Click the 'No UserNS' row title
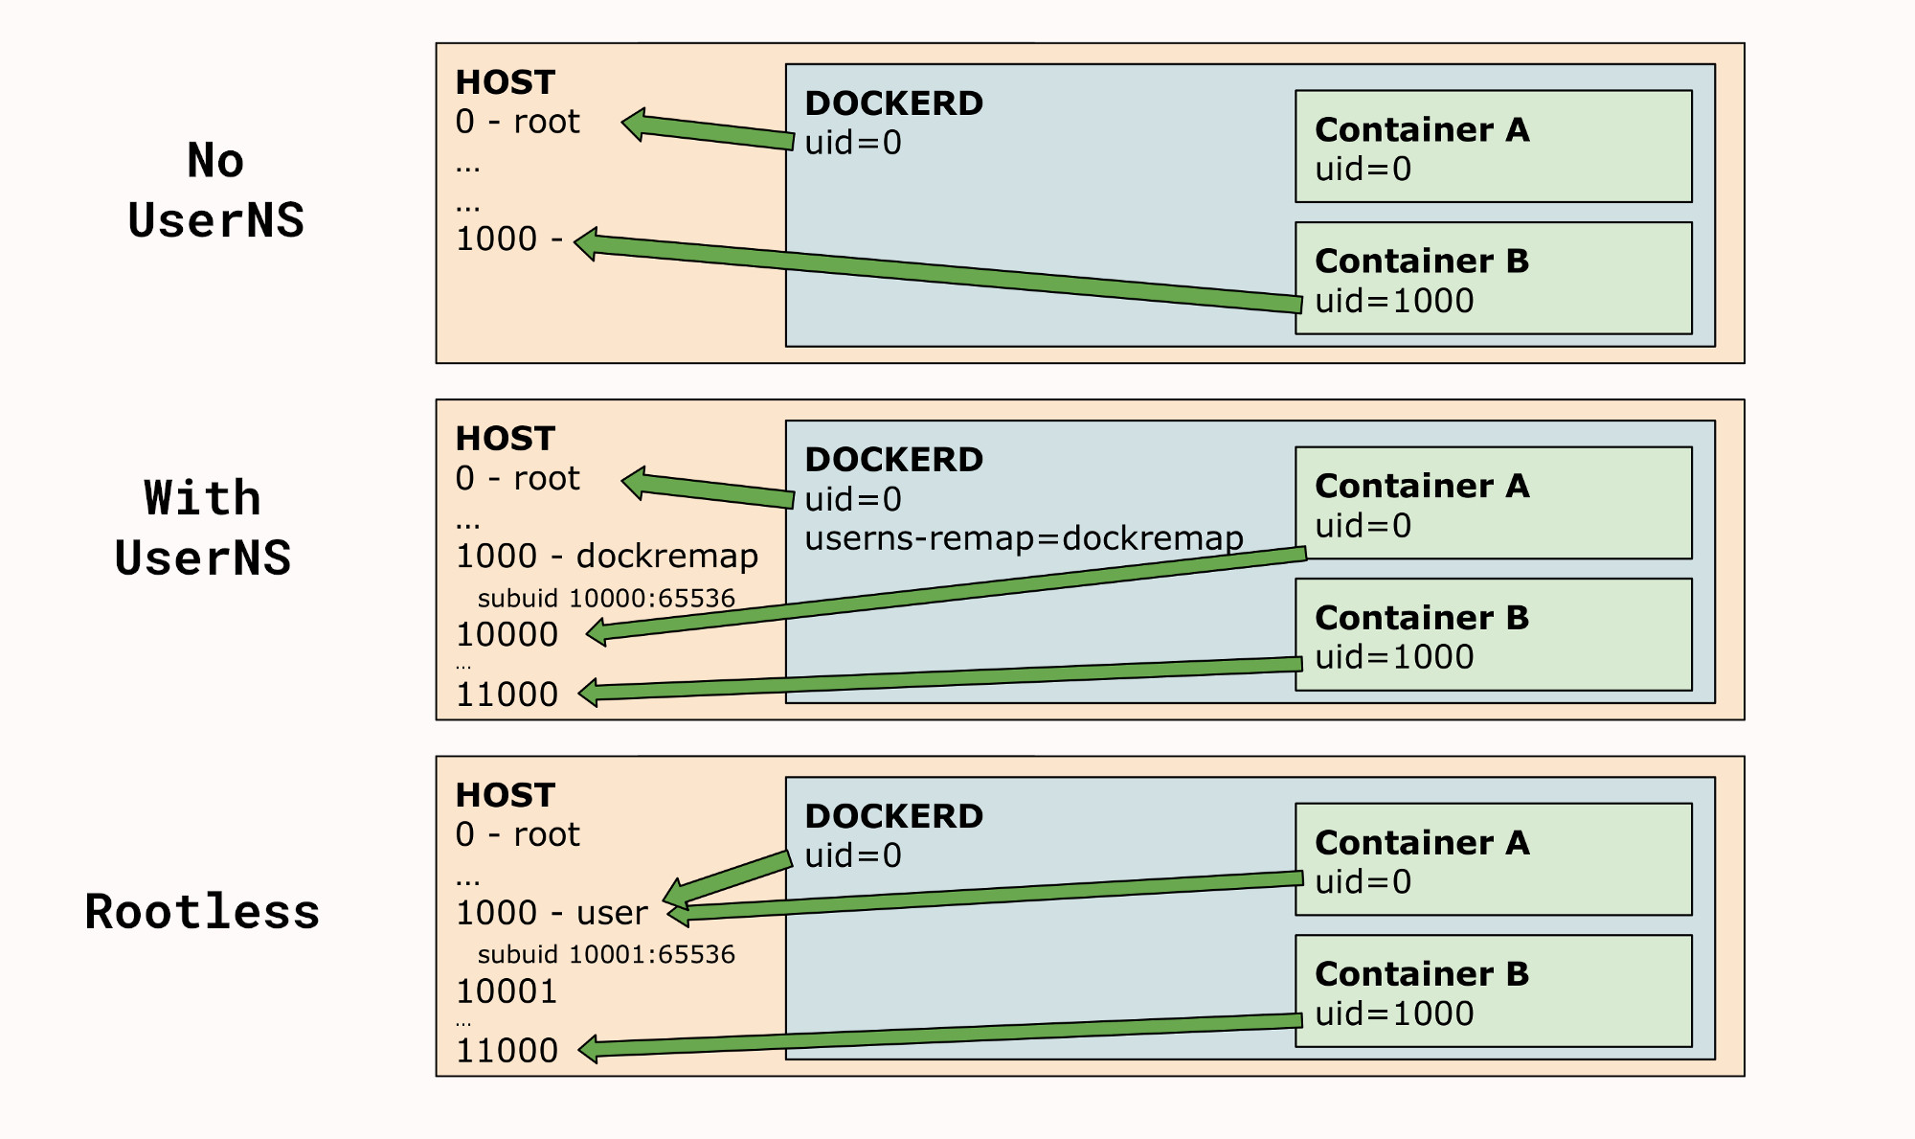click(x=215, y=190)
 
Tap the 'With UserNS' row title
click(x=202, y=528)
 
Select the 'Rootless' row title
click(x=202, y=911)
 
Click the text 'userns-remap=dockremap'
click(x=1024, y=538)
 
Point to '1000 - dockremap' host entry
click(x=606, y=556)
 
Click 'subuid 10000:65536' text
click(x=605, y=599)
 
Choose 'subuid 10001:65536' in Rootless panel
click(x=605, y=955)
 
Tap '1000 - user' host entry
click(x=552, y=913)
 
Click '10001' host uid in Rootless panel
click(x=507, y=991)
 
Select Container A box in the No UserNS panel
click(x=1492, y=147)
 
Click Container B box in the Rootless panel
click(x=1492, y=991)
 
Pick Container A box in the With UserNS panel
click(x=1492, y=502)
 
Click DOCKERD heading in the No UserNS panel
click(x=893, y=103)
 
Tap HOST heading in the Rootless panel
click(x=505, y=795)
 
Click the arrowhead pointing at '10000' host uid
click(x=597, y=632)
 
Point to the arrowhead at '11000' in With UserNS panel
click(x=590, y=693)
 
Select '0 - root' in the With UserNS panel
click(x=517, y=478)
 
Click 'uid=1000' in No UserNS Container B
click(x=1393, y=301)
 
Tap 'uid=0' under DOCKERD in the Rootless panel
click(x=852, y=855)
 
